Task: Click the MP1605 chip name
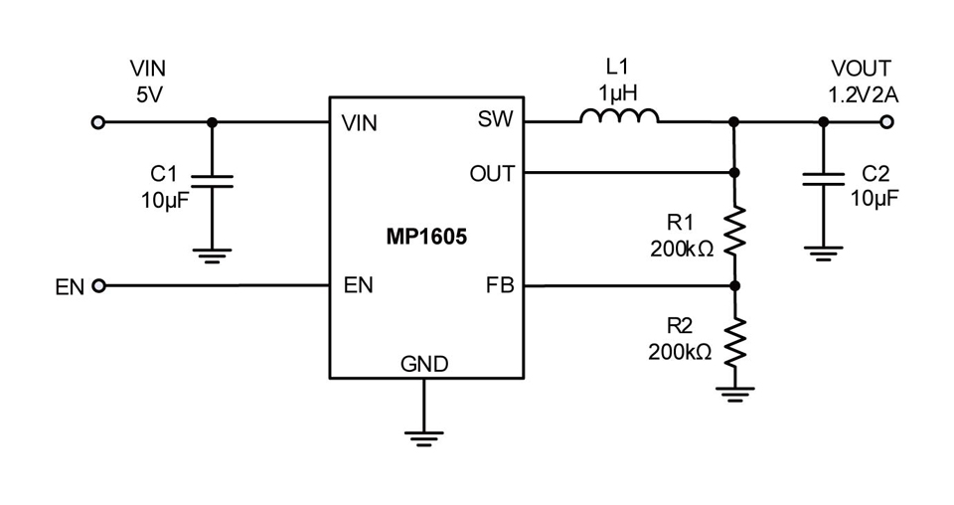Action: point(426,236)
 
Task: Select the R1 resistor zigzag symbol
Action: point(734,231)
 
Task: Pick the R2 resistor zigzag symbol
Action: point(734,342)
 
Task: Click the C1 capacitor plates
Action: point(212,181)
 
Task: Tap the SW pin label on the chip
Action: point(495,119)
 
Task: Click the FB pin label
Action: point(500,284)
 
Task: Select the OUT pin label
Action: point(492,174)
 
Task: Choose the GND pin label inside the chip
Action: point(424,364)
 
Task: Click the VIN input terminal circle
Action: point(97,122)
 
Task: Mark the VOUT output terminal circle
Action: point(886,122)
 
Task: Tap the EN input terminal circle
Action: point(98,285)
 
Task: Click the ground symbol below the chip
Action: point(424,438)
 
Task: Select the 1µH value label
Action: point(617,93)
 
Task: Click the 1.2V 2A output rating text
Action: point(863,95)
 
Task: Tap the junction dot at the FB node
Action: point(735,285)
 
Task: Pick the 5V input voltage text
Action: point(149,94)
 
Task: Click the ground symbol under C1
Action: point(212,255)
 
